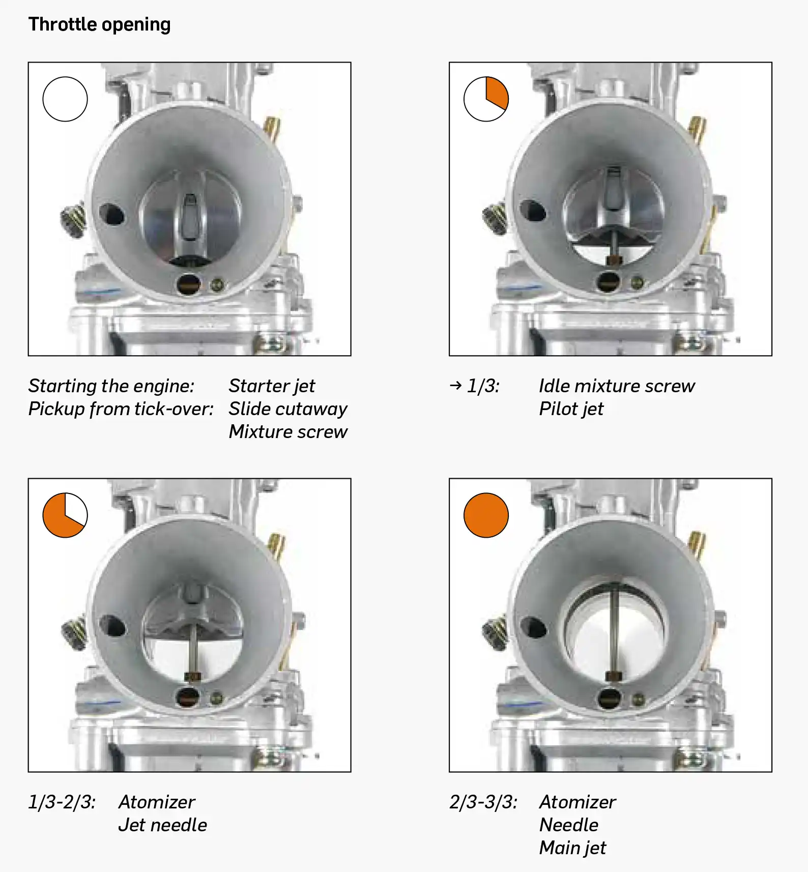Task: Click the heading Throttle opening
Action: (x=99, y=24)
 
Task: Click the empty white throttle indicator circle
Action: (x=65, y=99)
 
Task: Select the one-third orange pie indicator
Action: (x=486, y=99)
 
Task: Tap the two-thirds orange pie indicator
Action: (x=65, y=515)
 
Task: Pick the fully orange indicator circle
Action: (x=486, y=515)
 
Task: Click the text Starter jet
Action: (x=272, y=386)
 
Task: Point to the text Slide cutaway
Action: (x=288, y=409)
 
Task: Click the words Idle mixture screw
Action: (x=617, y=386)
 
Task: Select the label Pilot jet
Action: (x=571, y=409)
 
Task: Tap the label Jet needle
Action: (x=163, y=825)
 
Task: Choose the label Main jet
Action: (x=573, y=848)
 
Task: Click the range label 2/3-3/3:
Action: (x=483, y=802)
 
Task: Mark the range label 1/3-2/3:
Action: (x=62, y=802)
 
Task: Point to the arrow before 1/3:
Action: (x=456, y=386)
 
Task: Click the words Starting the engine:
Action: (x=111, y=386)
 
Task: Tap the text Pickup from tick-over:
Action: (x=121, y=409)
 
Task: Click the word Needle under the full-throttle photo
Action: (x=569, y=825)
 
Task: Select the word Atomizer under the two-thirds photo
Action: (x=157, y=802)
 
